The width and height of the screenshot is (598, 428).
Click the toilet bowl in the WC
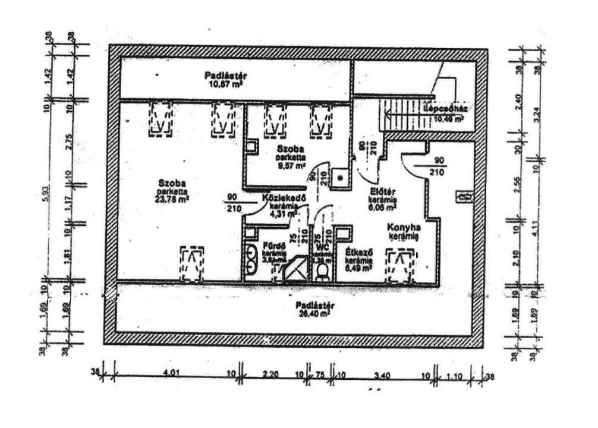[x=323, y=271]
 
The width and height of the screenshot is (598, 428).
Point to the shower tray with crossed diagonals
[x=295, y=269]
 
